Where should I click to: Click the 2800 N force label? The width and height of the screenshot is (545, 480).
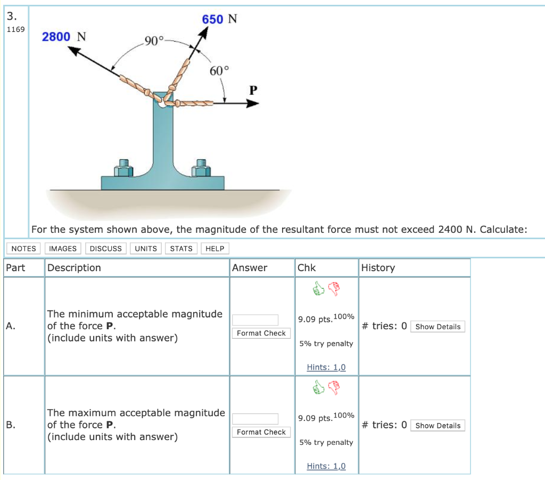click(64, 37)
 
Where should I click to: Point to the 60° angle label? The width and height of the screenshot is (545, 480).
click(219, 71)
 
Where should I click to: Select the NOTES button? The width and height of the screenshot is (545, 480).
click(24, 249)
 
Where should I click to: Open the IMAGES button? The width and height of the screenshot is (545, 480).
click(62, 249)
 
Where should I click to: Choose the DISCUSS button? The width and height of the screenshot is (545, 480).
click(105, 249)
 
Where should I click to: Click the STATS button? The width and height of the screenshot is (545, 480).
click(181, 249)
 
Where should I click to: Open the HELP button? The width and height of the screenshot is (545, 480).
click(214, 249)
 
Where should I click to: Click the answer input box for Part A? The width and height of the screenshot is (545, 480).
click(255, 320)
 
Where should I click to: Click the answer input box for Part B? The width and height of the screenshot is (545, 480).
click(255, 419)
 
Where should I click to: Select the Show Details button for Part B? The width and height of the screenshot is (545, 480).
click(437, 426)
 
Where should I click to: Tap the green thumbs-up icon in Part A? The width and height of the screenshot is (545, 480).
click(318, 289)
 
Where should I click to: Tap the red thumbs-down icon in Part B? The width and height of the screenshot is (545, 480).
click(334, 387)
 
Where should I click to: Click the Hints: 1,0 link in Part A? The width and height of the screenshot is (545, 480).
click(326, 367)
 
